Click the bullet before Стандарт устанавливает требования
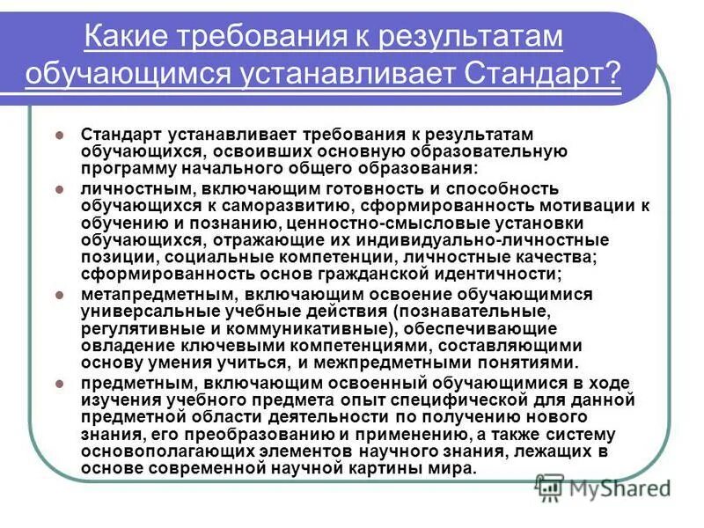tap(61, 135)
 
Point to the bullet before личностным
tap(61, 189)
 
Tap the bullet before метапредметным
tap(61, 294)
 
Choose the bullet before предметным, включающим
tap(61, 383)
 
